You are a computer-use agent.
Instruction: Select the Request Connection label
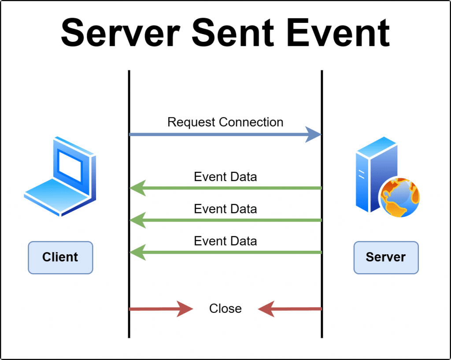click(x=225, y=122)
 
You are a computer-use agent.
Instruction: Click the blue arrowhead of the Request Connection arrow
click(x=313, y=134)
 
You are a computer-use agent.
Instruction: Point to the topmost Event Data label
click(x=225, y=177)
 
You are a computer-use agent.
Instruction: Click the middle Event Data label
click(x=225, y=208)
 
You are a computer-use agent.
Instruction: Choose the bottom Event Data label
click(x=225, y=241)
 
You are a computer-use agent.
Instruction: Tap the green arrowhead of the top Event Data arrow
click(x=137, y=188)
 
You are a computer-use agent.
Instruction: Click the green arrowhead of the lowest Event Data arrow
click(x=137, y=252)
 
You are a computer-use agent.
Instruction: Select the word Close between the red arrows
click(x=225, y=308)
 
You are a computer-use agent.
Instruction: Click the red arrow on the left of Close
click(x=161, y=309)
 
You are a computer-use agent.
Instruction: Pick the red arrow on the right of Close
click(x=290, y=309)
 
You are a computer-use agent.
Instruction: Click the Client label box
click(x=60, y=257)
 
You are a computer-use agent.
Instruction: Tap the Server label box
click(x=386, y=257)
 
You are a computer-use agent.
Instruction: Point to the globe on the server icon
click(x=400, y=197)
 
